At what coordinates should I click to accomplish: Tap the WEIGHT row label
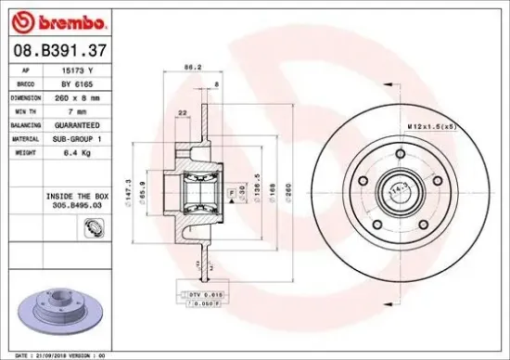[26, 150]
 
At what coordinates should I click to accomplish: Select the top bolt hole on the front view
[400, 153]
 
